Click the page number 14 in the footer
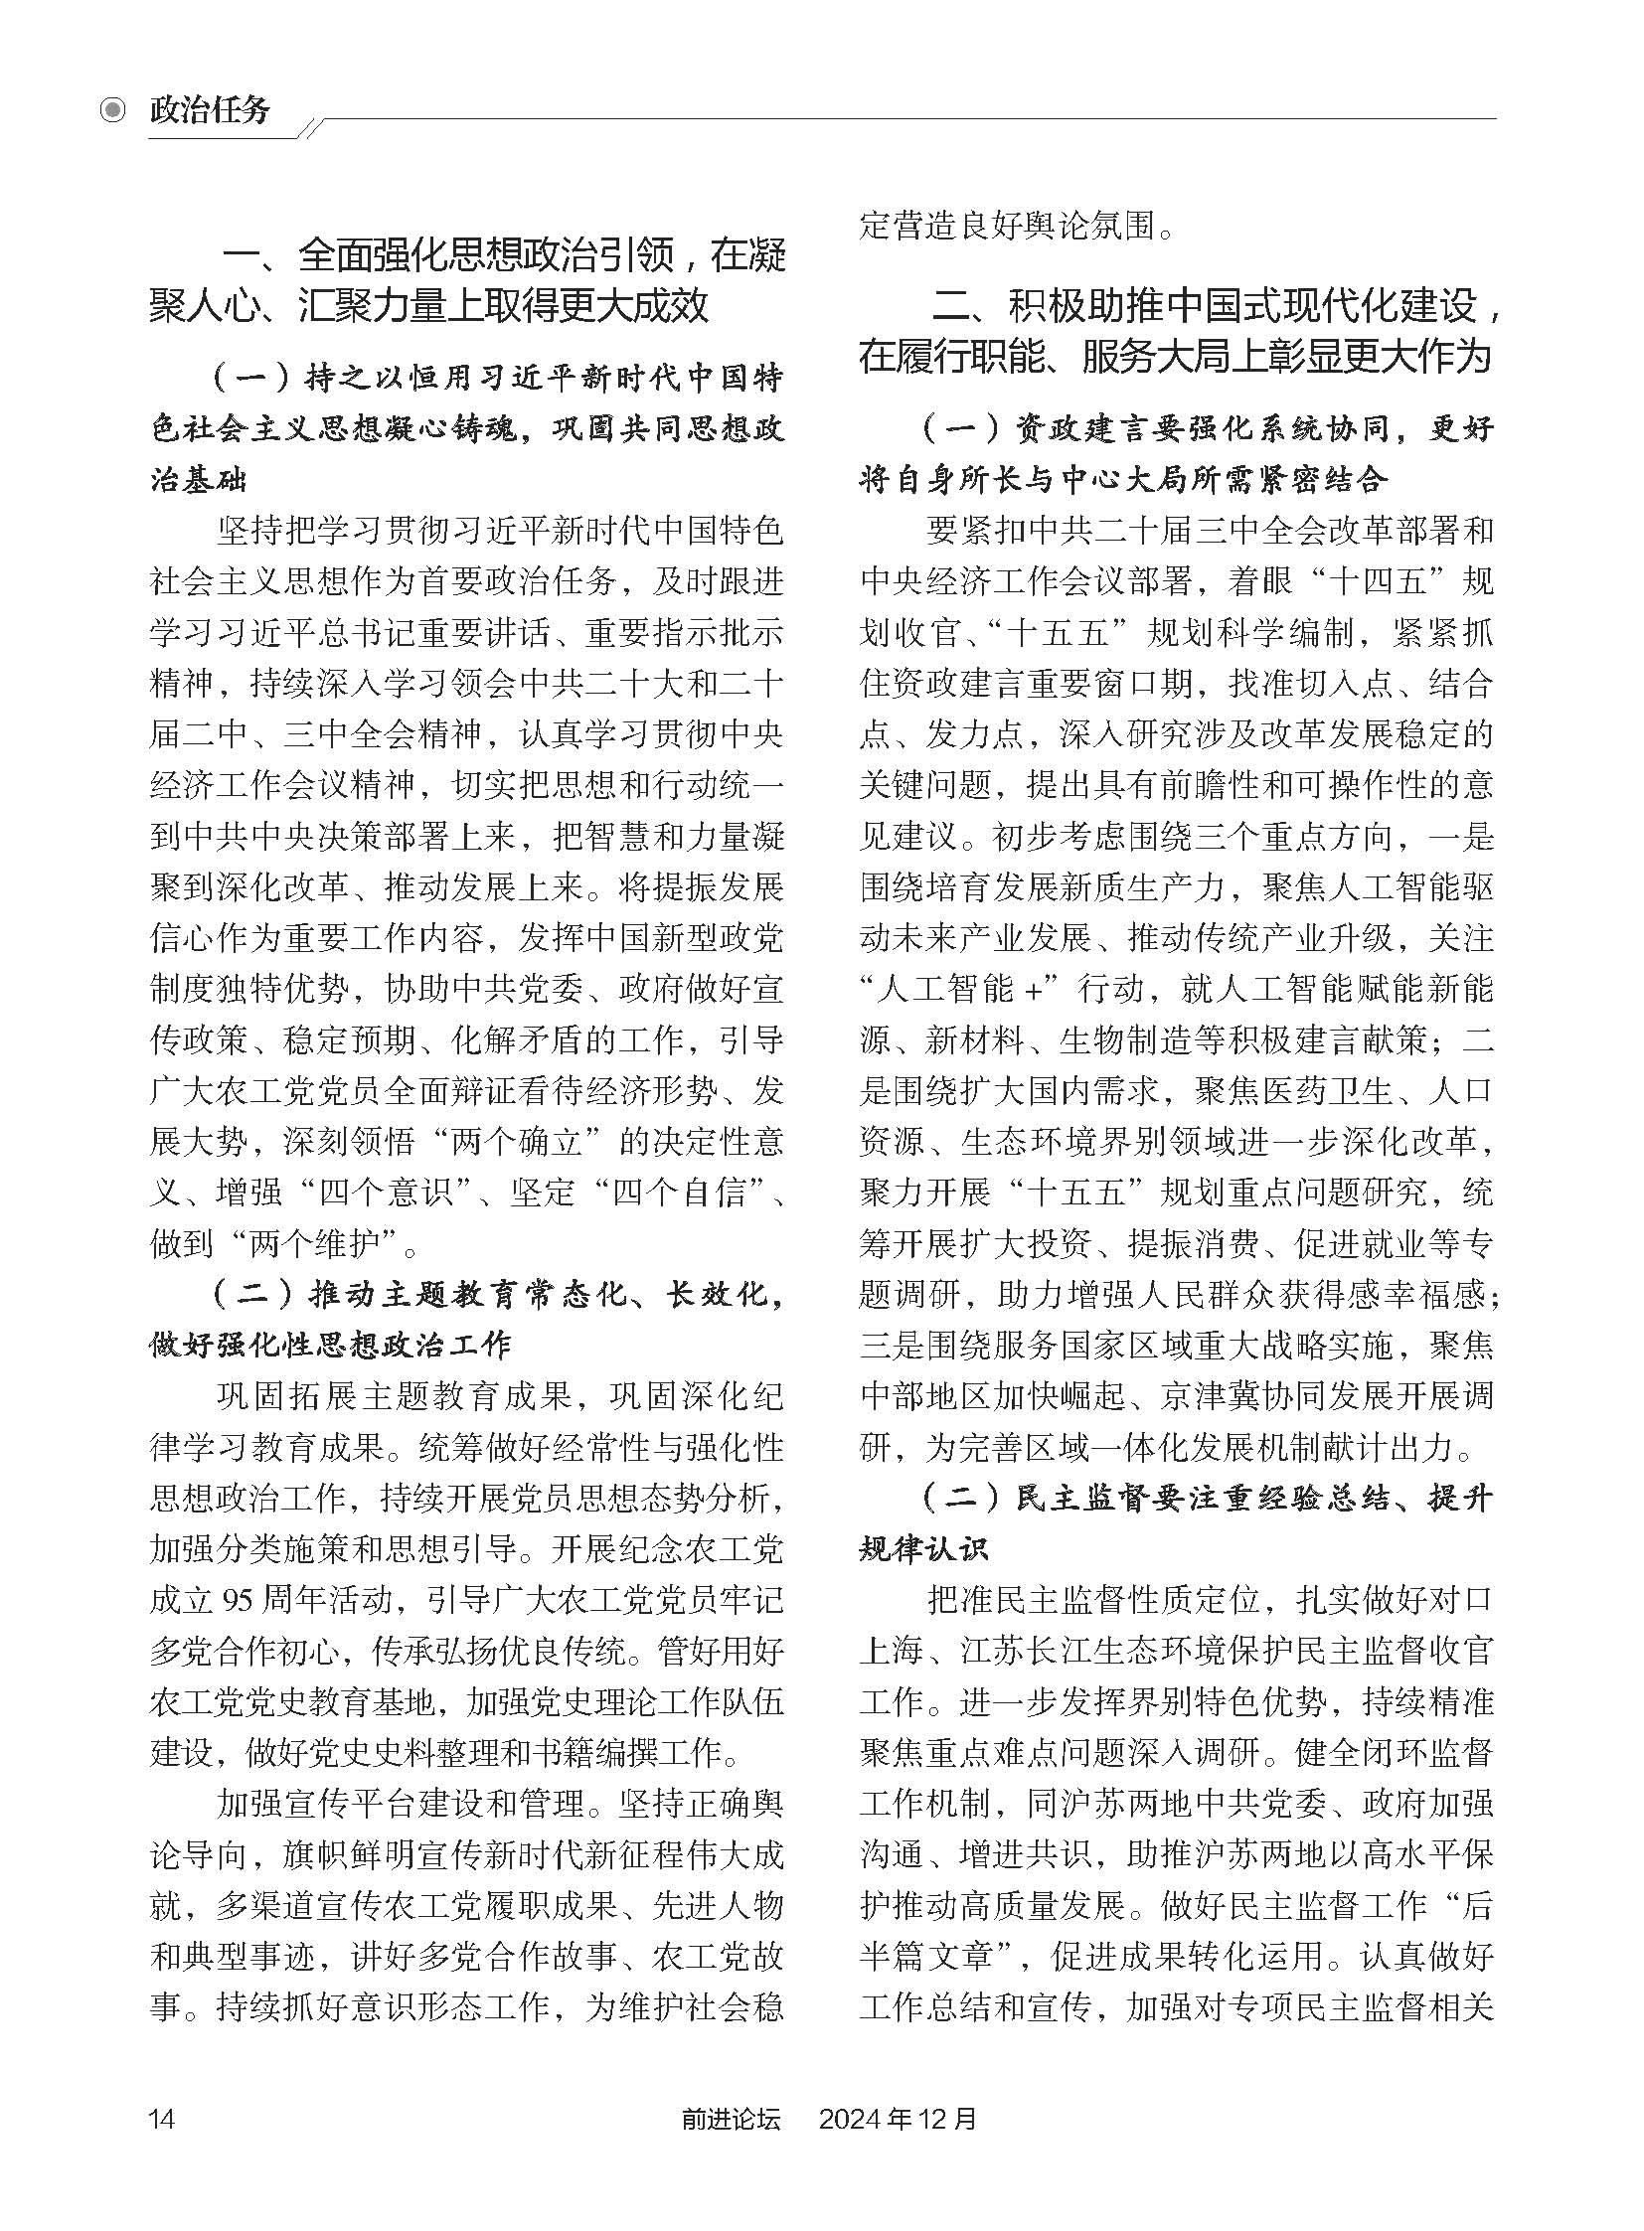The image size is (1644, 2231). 162,2118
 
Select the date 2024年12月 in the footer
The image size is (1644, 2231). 898,2118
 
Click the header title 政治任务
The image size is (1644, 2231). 210,109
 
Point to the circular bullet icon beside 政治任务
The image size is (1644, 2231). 113,110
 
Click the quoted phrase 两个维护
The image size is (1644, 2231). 313,1242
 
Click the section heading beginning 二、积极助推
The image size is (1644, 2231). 1178,330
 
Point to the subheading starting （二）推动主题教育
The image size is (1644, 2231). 468,1320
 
